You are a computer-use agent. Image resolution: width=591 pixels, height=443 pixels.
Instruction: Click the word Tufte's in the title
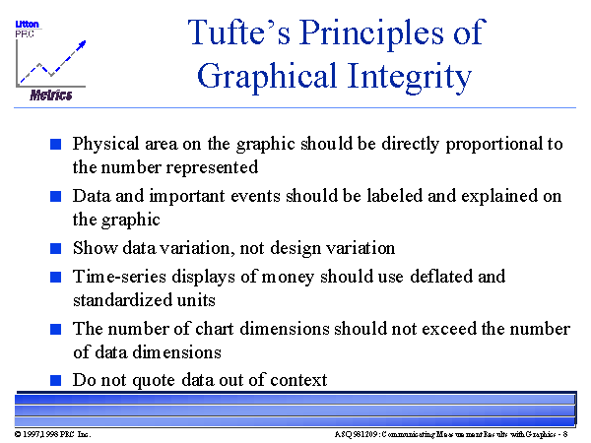[239, 32]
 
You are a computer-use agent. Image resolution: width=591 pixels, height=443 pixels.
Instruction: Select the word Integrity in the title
[410, 77]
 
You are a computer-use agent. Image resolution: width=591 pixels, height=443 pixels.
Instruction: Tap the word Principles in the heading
[371, 34]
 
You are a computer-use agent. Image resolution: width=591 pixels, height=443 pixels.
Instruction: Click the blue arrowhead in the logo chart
[81, 45]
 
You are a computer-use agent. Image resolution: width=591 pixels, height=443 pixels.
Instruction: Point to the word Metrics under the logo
[51, 95]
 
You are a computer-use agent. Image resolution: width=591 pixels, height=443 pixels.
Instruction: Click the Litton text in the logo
[27, 24]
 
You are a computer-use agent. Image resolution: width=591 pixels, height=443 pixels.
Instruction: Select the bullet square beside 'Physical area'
[56, 144]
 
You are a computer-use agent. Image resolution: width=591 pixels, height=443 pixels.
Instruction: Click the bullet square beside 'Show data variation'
[56, 248]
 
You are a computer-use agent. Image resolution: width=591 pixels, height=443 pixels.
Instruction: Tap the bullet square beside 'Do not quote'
[56, 380]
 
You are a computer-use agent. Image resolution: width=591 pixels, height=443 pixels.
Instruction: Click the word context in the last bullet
[298, 380]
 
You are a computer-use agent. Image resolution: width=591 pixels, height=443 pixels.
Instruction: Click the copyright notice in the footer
[53, 434]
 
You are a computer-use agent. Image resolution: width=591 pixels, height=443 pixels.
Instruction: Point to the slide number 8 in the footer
[565, 434]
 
